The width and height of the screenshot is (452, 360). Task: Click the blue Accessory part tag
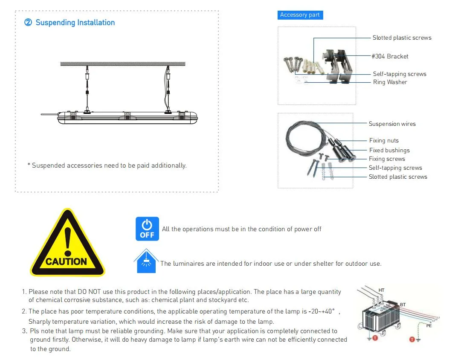300,15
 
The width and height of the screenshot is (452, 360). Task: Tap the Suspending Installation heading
75,23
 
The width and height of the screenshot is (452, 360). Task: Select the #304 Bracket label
390,56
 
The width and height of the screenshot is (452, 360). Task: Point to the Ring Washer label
390,82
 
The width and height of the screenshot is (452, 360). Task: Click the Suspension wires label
392,124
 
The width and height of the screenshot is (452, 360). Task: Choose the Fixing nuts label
384,140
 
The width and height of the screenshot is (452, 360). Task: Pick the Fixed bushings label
389,150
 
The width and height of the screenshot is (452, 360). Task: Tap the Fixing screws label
387,159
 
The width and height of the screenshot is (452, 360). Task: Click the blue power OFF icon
147,229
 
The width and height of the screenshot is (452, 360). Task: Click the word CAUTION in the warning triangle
66,261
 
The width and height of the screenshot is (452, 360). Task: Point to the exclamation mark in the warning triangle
68,241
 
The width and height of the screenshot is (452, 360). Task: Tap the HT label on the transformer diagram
381,290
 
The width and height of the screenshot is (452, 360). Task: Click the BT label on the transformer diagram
403,305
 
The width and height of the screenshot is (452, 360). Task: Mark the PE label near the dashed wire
429,326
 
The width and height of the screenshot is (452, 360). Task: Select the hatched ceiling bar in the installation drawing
123,64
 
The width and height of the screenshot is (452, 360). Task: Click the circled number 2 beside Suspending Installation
28,23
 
